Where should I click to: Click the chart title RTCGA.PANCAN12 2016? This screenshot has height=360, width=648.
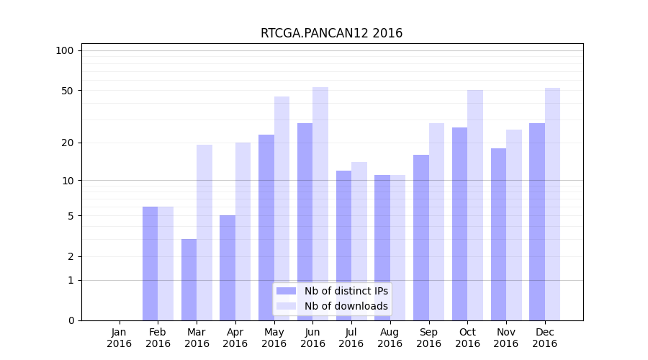331,33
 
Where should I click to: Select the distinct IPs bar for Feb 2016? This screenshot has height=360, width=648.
150,264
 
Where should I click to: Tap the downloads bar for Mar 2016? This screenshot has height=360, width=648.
204,233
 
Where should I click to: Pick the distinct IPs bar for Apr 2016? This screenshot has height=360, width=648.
228,268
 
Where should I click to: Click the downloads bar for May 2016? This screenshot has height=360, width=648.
282,208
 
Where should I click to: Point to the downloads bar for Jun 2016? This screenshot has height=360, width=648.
320,204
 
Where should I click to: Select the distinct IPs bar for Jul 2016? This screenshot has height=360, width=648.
343,246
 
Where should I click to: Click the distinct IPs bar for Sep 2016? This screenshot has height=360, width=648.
421,238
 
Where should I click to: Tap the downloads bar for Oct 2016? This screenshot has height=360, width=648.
475,205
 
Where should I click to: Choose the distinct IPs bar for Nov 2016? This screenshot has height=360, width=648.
498,234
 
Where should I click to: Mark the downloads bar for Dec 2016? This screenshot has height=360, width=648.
552,204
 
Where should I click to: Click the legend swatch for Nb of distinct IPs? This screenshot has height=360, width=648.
287,291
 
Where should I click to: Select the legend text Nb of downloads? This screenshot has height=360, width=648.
346,306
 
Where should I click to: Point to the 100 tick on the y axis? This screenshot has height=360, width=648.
65,50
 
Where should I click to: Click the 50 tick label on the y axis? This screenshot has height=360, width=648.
68,91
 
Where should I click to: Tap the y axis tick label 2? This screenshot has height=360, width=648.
71,256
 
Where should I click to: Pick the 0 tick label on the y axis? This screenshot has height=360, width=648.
71,320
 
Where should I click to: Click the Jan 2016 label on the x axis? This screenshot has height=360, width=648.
120,338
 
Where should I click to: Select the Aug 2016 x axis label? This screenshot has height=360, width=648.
390,338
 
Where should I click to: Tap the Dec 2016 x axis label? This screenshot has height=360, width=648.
545,338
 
